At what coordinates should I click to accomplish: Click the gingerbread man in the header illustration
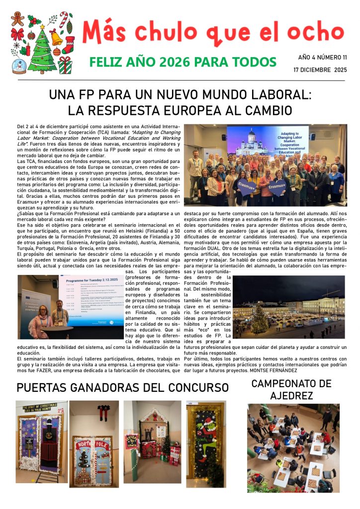(x=18, y=19)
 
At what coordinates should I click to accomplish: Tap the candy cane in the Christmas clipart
(x=64, y=19)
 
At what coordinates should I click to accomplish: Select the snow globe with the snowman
(x=19, y=66)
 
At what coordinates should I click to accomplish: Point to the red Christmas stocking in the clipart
(x=69, y=44)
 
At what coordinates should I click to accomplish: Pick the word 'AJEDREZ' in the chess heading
(x=291, y=396)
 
